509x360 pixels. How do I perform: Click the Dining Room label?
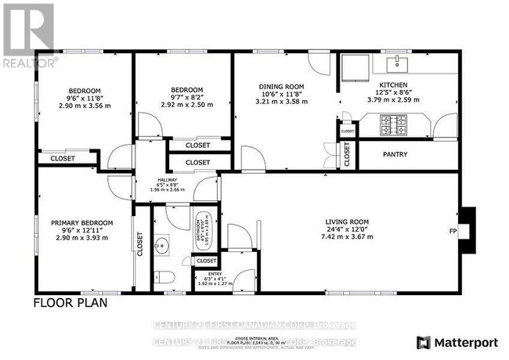click(x=281, y=87)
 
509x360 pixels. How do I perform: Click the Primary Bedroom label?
click(x=82, y=221)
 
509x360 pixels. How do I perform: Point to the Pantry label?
click(x=395, y=154)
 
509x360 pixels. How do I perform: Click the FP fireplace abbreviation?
click(x=453, y=232)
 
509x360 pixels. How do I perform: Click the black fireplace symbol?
click(x=467, y=230)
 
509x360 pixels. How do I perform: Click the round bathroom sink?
click(x=163, y=245)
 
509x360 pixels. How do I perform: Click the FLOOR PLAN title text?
click(x=70, y=301)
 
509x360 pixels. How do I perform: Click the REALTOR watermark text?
click(x=29, y=60)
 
